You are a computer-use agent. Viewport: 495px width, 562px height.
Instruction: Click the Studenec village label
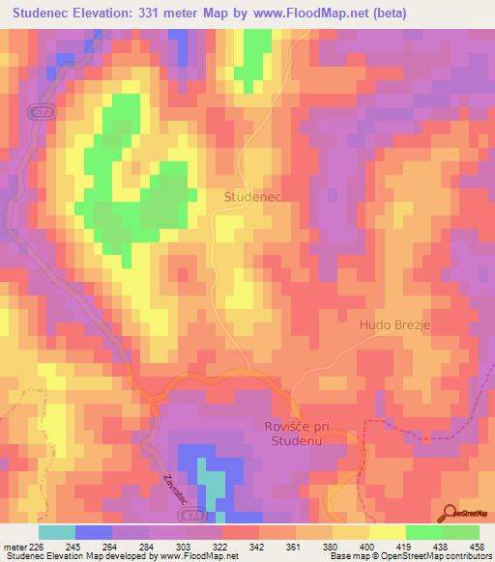point(251,196)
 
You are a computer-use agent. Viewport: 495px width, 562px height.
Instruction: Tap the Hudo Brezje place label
point(394,325)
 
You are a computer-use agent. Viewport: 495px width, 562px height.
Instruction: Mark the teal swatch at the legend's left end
point(57,532)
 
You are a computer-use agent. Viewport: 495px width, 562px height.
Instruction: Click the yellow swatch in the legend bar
point(387,532)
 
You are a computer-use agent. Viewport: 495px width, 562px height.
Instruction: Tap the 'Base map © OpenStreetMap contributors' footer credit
point(410,557)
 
